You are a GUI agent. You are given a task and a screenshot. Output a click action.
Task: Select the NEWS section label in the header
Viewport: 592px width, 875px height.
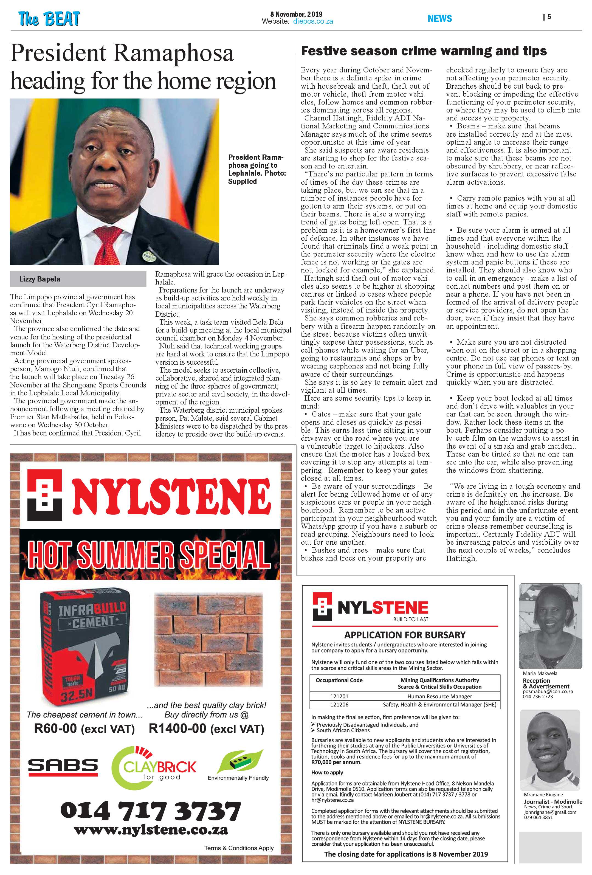pyautogui.click(x=439, y=18)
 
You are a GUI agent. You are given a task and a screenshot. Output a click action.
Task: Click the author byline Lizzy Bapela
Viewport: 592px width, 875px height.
pyautogui.click(x=40, y=279)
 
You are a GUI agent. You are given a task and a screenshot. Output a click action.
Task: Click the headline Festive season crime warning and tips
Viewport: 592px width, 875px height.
pyautogui.click(x=424, y=51)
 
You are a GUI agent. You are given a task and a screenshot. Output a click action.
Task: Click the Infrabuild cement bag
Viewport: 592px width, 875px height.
pyautogui.click(x=85, y=646)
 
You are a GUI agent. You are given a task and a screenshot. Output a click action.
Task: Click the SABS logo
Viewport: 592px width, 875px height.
pyautogui.click(x=63, y=767)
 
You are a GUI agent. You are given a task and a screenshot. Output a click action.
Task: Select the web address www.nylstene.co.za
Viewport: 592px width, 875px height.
pyautogui.click(x=151, y=829)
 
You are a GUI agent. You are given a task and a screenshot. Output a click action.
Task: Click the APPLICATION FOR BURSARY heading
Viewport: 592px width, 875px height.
pyautogui.click(x=405, y=635)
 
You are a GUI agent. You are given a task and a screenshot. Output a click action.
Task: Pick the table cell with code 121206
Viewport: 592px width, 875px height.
pyautogui.click(x=339, y=704)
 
